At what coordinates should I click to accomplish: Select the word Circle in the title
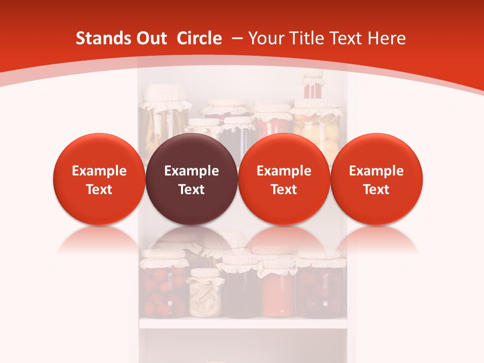point(199,38)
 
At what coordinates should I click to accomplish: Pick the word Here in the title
point(386,38)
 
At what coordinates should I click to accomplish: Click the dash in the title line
point(235,39)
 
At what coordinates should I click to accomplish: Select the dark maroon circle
point(192,179)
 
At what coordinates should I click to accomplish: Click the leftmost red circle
point(99,179)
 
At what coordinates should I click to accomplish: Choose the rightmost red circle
point(377,179)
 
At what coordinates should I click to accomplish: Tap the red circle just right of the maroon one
point(284,179)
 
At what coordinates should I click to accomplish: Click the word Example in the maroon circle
point(192,171)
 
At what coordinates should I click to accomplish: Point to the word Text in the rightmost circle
point(377,190)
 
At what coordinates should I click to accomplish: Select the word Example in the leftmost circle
point(99,171)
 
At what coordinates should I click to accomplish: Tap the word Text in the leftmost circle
point(99,190)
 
